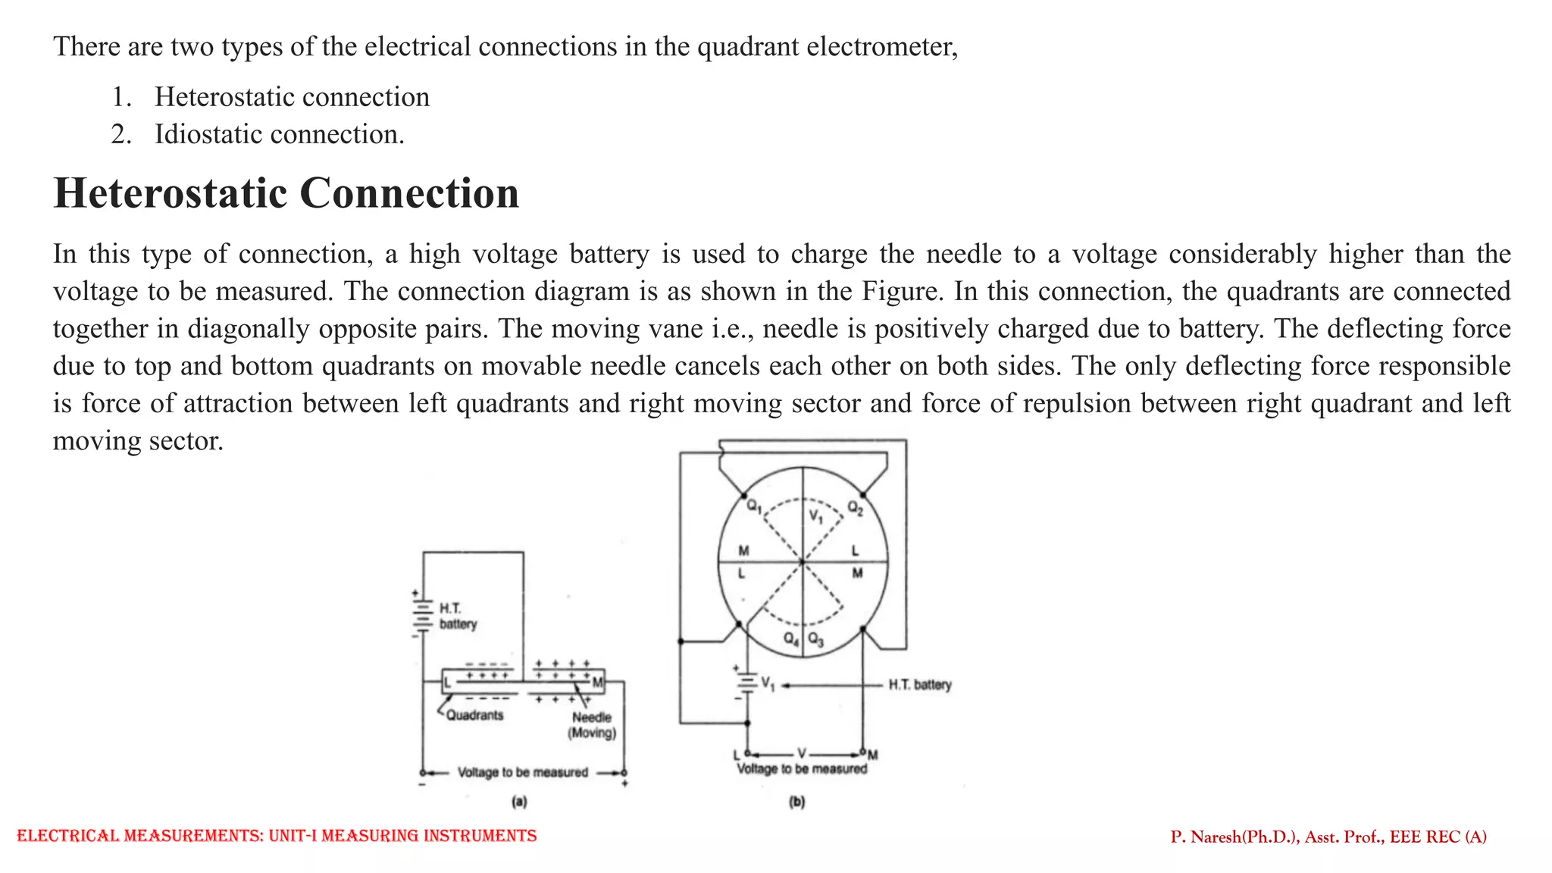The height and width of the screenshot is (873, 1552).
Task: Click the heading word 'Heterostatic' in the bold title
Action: point(170,193)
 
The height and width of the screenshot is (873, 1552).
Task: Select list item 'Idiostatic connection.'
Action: point(279,134)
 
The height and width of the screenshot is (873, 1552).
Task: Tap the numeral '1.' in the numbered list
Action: point(121,97)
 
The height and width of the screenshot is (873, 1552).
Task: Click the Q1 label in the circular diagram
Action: point(753,506)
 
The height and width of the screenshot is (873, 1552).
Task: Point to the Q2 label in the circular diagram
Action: point(855,508)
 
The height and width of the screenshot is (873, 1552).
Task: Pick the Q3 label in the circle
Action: point(815,639)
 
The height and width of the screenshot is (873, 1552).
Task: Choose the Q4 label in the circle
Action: point(790,639)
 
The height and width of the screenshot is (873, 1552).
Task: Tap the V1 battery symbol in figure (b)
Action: point(747,684)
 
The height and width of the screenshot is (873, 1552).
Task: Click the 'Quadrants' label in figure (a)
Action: point(474,715)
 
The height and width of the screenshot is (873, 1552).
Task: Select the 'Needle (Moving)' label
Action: point(592,724)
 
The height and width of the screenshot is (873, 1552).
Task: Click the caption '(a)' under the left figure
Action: point(519,801)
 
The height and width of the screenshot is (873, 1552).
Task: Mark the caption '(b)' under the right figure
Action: point(796,801)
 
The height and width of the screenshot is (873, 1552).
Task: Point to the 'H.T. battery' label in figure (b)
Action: point(919,685)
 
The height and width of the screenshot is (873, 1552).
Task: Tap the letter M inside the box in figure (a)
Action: point(597,683)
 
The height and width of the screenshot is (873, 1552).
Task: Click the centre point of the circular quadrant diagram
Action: point(803,562)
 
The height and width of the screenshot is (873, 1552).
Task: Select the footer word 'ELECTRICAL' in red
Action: point(67,836)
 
